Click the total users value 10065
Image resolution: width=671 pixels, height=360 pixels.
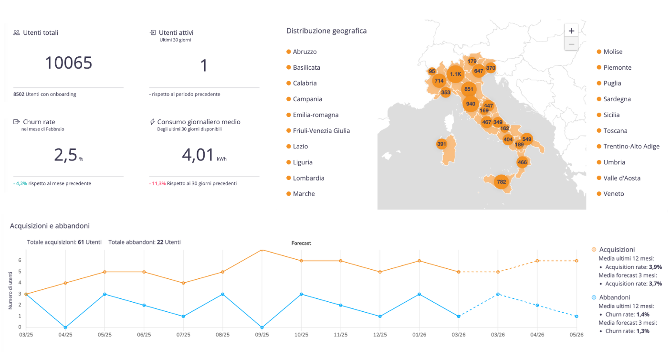(x=68, y=63)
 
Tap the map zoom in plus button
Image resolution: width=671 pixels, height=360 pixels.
(x=571, y=31)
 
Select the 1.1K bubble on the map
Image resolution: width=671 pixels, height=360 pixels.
(x=455, y=74)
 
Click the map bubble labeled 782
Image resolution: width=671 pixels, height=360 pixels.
(x=501, y=181)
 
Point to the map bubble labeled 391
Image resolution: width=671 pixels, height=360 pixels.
(x=441, y=144)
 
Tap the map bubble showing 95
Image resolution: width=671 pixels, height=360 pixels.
(x=432, y=71)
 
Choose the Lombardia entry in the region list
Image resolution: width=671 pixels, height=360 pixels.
(x=308, y=178)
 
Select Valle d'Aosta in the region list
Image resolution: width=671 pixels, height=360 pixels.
(x=621, y=178)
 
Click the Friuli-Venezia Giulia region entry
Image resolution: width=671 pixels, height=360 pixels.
(x=321, y=131)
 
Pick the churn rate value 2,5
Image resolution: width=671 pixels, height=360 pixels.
(x=65, y=155)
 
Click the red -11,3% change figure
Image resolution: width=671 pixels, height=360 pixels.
(x=157, y=183)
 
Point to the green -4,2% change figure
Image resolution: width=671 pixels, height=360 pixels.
(x=20, y=183)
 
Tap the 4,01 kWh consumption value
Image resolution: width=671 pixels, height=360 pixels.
(x=198, y=155)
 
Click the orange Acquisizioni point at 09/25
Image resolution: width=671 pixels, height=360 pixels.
(x=262, y=250)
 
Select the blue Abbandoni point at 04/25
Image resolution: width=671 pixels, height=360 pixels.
(x=65, y=328)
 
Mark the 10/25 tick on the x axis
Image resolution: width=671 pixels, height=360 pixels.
(x=301, y=335)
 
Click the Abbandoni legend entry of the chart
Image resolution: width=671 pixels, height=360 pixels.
(x=614, y=297)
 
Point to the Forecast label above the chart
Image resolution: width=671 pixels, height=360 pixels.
(x=301, y=243)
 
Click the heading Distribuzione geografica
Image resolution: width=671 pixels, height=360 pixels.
(x=326, y=31)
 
